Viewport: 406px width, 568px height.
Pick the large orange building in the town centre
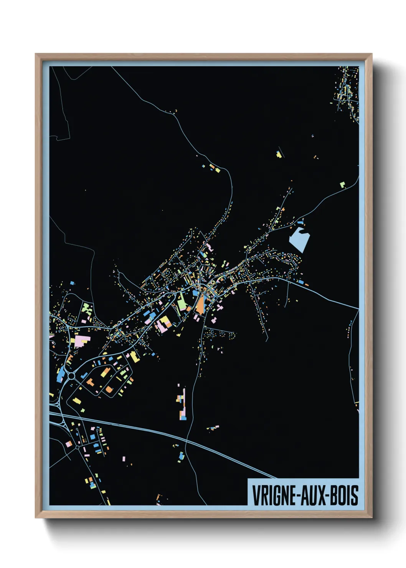tap(200, 305)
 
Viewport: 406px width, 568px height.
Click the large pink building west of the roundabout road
tap(82, 341)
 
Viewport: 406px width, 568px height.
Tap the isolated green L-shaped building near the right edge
tap(342, 184)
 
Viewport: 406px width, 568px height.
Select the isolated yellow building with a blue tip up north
tap(279, 155)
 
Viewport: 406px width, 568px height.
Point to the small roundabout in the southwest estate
tap(78, 447)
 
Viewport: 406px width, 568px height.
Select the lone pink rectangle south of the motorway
tap(124, 459)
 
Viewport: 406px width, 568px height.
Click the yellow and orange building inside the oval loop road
tap(105, 372)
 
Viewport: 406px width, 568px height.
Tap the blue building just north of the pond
tap(300, 222)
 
